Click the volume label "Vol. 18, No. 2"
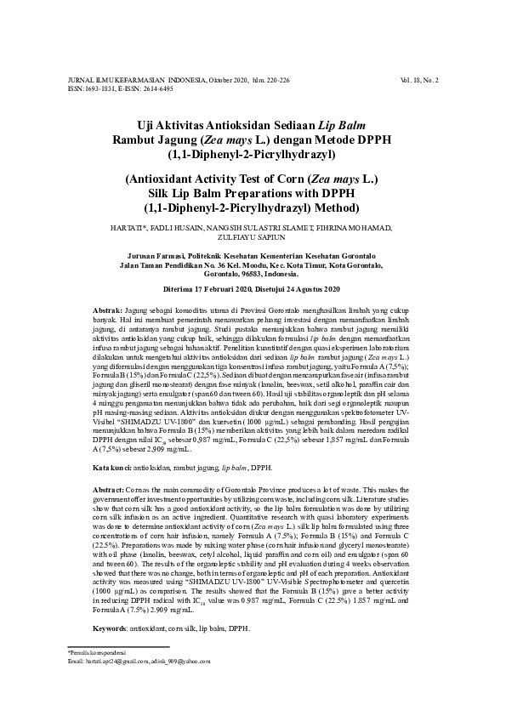point(418,80)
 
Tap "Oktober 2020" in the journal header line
point(225,80)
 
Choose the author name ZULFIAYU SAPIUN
point(253,239)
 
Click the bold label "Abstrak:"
point(107,311)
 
